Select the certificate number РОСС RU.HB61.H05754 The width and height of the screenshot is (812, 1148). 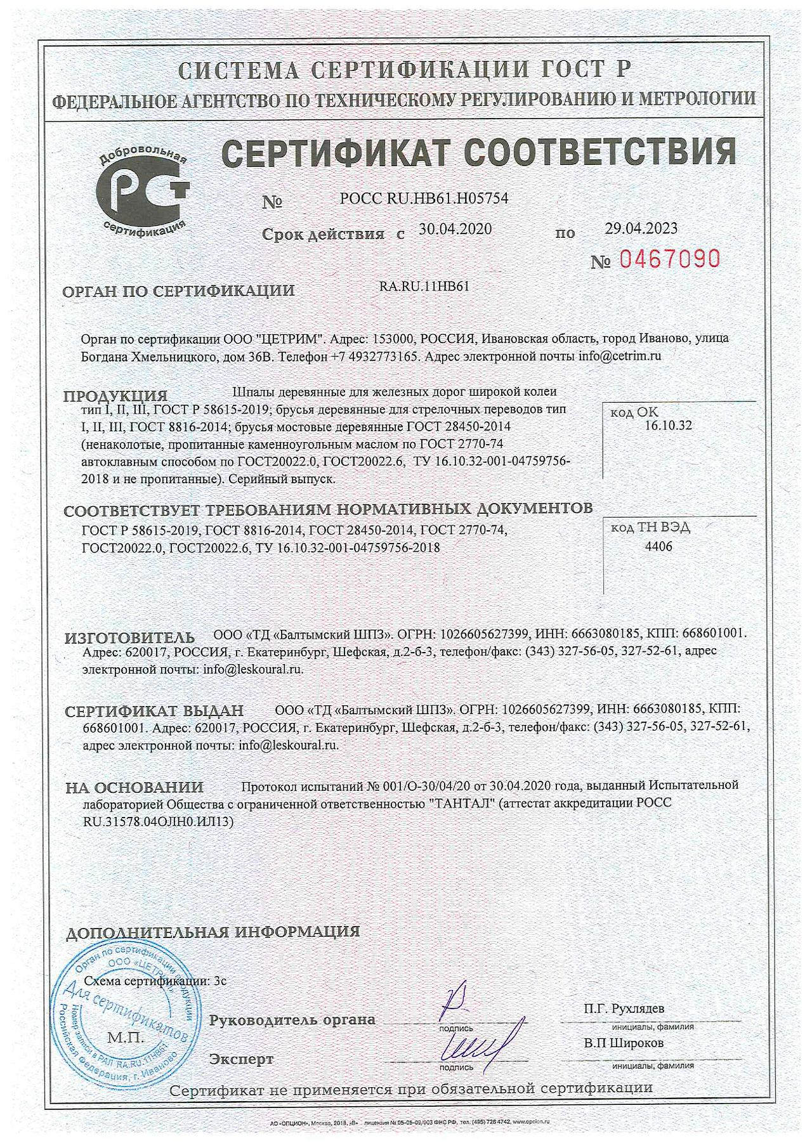click(424, 199)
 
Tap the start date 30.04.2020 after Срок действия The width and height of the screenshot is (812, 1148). click(455, 229)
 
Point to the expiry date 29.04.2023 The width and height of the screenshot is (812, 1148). click(641, 228)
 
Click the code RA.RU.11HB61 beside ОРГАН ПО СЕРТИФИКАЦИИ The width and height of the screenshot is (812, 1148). click(424, 286)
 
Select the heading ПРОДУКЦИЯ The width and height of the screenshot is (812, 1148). click(115, 396)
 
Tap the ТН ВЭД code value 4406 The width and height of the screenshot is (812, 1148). click(658, 547)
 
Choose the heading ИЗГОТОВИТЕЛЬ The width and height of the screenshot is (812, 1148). click(129, 637)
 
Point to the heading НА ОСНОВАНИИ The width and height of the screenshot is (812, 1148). click(134, 787)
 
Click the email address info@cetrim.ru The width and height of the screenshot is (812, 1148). click(619, 356)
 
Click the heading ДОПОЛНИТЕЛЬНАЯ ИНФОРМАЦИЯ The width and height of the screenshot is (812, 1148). click(213, 932)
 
